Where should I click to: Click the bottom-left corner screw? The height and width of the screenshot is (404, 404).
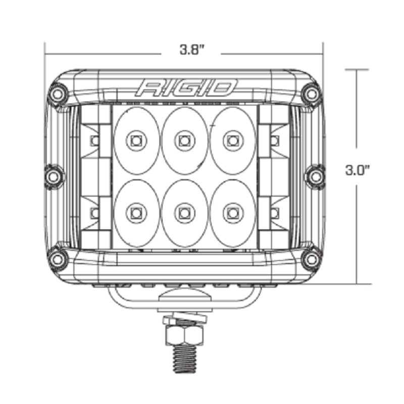click(x=58, y=259)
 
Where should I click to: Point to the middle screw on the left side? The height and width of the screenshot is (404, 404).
click(x=53, y=176)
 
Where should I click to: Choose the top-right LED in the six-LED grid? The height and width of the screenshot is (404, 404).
click(x=232, y=139)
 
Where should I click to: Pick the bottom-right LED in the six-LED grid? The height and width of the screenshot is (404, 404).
click(x=232, y=212)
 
